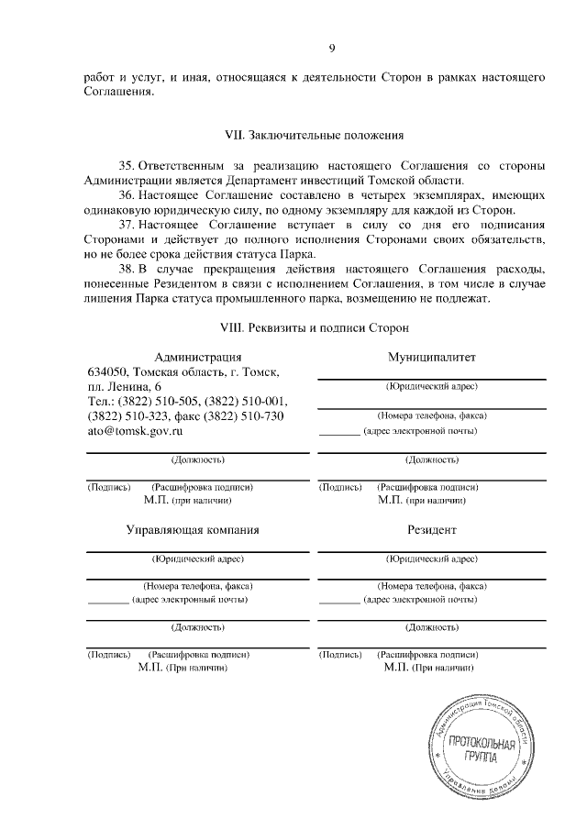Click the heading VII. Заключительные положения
click(x=315, y=136)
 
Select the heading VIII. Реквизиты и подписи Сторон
click(x=315, y=326)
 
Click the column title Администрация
click(x=198, y=356)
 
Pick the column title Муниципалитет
click(x=431, y=356)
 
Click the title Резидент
click(x=431, y=530)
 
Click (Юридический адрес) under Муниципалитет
click(x=431, y=386)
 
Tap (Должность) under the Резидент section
click(x=431, y=628)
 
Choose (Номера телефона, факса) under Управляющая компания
click(x=198, y=585)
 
